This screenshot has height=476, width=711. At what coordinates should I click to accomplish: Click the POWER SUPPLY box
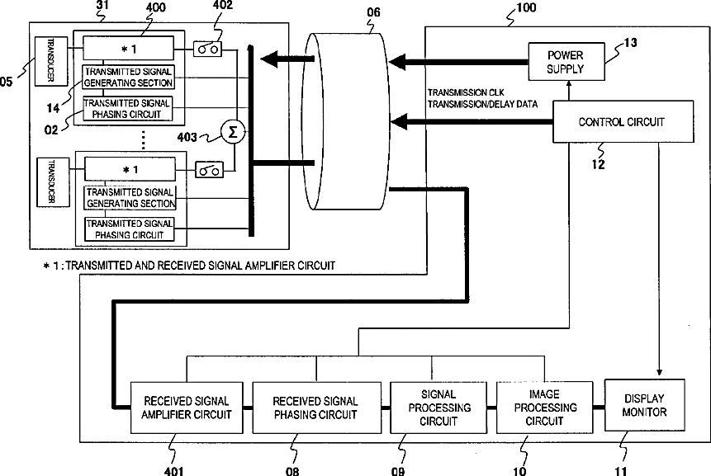tap(566, 62)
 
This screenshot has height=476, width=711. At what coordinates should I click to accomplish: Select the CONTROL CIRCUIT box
tap(623, 122)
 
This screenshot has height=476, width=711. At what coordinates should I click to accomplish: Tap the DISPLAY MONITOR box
tap(644, 405)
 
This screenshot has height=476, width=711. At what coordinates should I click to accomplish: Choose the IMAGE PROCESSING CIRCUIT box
tap(544, 408)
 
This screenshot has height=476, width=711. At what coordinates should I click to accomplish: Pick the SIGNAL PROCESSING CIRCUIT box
tap(438, 408)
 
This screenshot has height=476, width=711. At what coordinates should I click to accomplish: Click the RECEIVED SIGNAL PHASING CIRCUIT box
tap(316, 408)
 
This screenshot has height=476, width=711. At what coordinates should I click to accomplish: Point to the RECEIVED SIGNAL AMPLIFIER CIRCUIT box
tap(187, 408)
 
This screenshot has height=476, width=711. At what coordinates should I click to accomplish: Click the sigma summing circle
tap(233, 132)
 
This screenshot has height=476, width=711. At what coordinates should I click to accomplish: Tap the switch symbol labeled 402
tap(207, 49)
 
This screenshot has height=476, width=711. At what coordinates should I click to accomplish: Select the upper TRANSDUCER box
tap(51, 61)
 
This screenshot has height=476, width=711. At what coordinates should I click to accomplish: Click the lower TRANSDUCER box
tap(53, 182)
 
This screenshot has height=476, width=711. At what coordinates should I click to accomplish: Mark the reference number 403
tap(187, 137)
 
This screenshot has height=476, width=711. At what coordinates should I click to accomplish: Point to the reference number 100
tap(526, 7)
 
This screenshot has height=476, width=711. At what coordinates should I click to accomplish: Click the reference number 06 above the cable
tap(373, 12)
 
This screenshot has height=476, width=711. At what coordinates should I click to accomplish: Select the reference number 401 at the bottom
tap(174, 471)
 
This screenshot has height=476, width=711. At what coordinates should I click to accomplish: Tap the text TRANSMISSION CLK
tap(466, 92)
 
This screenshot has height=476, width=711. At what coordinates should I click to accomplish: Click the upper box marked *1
tap(128, 48)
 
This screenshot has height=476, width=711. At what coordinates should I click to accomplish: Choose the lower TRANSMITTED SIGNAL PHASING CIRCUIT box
tap(129, 229)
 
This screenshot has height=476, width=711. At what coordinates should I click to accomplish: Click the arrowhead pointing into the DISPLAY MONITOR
tap(659, 372)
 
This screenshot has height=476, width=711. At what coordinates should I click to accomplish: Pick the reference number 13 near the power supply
tap(630, 43)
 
